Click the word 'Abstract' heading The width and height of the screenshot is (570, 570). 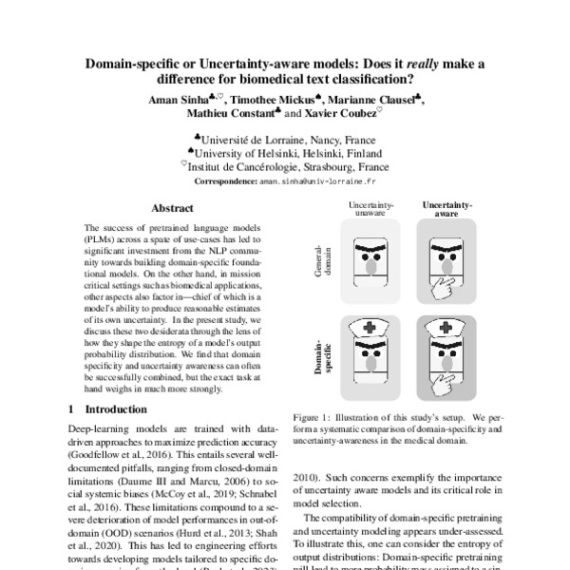tap(172, 207)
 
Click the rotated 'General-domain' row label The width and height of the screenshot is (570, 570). tap(319, 256)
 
